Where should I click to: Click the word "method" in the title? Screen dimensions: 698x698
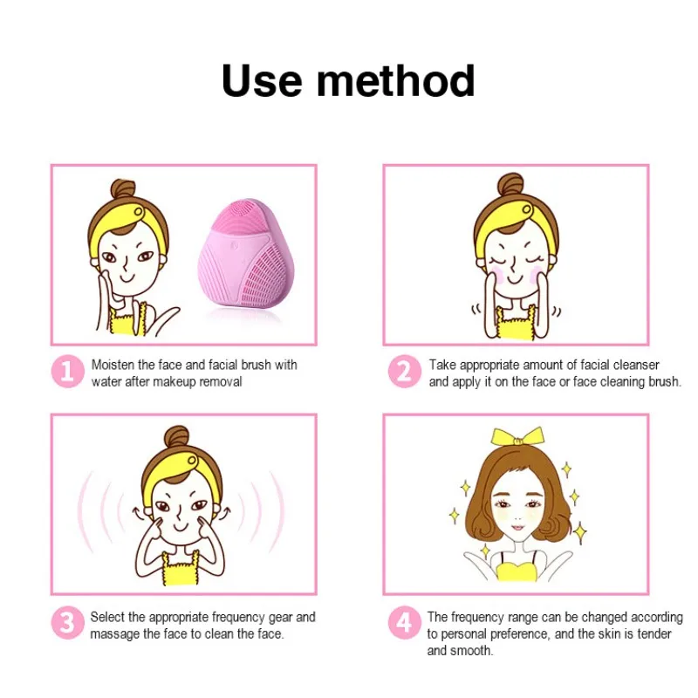[x=396, y=80]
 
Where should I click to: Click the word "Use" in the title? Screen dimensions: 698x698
[x=262, y=80]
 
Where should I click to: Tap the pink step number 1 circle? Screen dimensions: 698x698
[x=67, y=372]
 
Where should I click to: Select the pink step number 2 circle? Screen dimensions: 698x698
[x=404, y=372]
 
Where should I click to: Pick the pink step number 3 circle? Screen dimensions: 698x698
[x=67, y=623]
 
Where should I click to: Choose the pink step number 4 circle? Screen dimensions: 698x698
[x=404, y=623]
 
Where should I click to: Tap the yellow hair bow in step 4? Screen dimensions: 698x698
[x=517, y=436]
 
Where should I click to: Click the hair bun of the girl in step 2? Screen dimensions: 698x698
[x=510, y=183]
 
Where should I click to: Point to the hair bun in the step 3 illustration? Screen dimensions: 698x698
[x=177, y=437]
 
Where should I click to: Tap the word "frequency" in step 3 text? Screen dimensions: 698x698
[x=238, y=618]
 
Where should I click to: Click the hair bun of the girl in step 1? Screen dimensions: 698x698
[x=123, y=191]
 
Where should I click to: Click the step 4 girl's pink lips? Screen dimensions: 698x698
[x=517, y=528]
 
